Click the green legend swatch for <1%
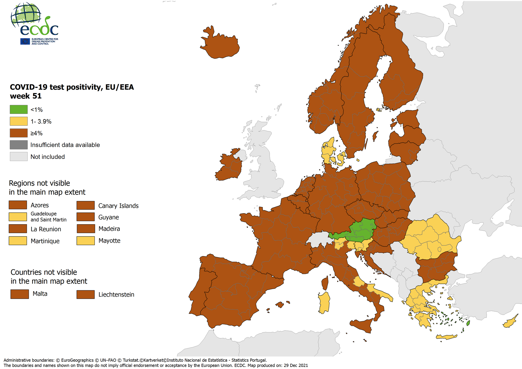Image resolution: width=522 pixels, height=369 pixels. (x=19, y=109)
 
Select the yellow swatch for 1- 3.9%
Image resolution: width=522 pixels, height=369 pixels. (x=19, y=121)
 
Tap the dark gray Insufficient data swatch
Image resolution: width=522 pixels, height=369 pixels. (x=19, y=145)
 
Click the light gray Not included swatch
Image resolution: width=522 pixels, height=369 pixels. (x=19, y=157)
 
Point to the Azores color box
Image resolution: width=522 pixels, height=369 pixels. (x=18, y=205)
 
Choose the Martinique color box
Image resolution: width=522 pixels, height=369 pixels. (x=18, y=241)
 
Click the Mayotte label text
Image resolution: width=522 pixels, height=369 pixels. (x=109, y=241)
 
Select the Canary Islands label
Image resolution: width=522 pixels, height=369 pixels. (x=118, y=206)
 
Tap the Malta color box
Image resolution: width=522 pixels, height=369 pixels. (x=20, y=294)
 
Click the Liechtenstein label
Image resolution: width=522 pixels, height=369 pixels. (x=116, y=295)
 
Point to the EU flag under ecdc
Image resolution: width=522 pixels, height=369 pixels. (x=25, y=41)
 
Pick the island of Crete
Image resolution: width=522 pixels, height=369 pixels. (x=446, y=337)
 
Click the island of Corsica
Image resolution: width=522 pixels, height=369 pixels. (x=325, y=284)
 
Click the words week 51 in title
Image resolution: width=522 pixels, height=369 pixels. (x=26, y=96)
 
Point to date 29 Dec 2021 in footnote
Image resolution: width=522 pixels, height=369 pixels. (x=296, y=365)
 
